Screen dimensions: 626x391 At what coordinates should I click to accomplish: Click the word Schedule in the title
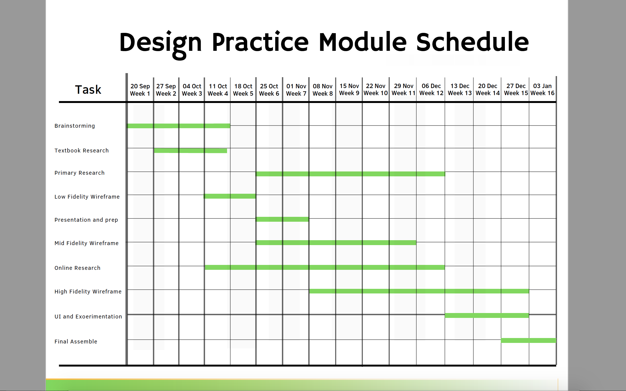point(472,42)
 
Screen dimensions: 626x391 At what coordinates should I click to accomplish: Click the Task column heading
point(88,90)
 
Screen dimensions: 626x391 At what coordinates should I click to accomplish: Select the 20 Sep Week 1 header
point(140,90)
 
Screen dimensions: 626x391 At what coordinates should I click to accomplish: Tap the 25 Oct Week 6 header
point(269,90)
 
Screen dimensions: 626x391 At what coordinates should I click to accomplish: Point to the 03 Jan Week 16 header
point(542,90)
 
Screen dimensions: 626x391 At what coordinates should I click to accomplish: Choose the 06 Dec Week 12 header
point(431,90)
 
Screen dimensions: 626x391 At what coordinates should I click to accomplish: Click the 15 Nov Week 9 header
point(349,90)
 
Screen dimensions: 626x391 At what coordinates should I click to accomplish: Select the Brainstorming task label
point(75,126)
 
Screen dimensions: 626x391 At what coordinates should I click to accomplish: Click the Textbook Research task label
point(81,151)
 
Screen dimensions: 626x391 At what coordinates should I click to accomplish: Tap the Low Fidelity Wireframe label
point(87,197)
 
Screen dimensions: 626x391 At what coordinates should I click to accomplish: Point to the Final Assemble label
point(76,342)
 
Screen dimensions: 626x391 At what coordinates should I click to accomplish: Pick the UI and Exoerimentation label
point(88,317)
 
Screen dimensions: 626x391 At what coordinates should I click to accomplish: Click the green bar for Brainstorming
point(178,126)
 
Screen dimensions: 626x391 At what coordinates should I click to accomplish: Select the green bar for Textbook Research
point(190,151)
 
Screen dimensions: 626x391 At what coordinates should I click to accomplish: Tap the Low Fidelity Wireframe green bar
point(230,196)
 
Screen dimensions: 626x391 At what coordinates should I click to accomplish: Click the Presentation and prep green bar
point(282,219)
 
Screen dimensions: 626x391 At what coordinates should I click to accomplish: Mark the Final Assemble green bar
point(529,340)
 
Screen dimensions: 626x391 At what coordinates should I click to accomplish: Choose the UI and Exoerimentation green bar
point(487,315)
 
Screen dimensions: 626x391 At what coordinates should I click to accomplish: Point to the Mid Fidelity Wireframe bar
point(336,243)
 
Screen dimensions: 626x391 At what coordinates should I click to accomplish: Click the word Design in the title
point(161,43)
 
